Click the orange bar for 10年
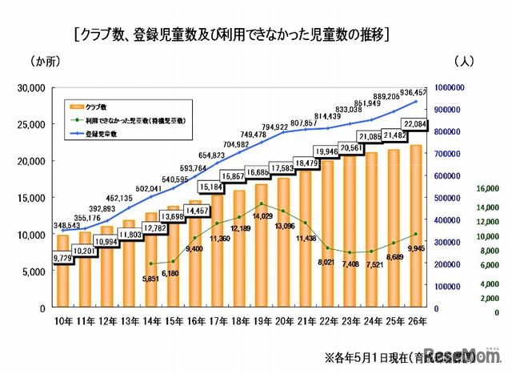pos(63,272)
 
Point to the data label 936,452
pos(425,91)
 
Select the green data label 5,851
pos(152,278)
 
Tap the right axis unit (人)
pos(466,62)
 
